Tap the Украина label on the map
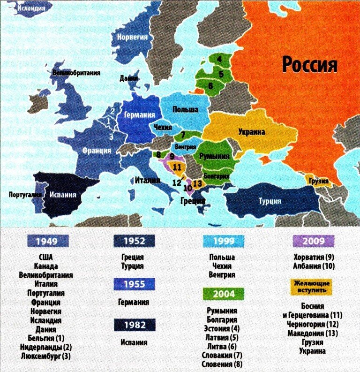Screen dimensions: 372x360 [x=251, y=132]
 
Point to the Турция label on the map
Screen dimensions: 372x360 [x=270, y=201]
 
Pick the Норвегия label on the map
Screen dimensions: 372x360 [x=133, y=37]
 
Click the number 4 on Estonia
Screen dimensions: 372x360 [x=218, y=59]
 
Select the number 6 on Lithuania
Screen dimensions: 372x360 [x=210, y=86]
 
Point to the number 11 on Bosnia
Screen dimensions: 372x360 [x=177, y=166]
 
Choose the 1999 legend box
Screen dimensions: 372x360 [x=224, y=241]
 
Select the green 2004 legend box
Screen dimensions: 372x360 [x=224, y=294]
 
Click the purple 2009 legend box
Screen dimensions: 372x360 [x=313, y=241]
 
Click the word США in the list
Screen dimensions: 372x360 [x=46, y=258]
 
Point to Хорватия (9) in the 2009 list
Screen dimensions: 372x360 [x=313, y=258]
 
